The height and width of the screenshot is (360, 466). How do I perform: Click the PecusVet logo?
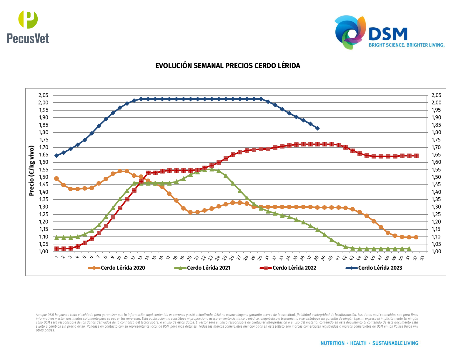(28, 27)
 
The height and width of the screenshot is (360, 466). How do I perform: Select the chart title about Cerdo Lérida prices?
(228, 66)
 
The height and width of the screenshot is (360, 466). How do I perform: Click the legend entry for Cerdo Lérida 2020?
(117, 268)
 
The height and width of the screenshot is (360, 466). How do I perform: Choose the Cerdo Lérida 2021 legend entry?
(203, 268)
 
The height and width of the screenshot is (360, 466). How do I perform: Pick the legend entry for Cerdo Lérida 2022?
(288, 268)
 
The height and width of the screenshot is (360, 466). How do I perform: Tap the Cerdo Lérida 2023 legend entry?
(374, 268)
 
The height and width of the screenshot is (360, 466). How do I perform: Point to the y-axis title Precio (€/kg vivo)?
(32, 171)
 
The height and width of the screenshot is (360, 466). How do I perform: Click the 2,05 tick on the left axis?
(43, 95)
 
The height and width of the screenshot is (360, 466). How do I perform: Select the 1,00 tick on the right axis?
(436, 251)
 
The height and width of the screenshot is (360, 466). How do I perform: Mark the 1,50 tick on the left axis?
(43, 177)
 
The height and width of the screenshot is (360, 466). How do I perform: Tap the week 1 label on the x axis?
(56, 258)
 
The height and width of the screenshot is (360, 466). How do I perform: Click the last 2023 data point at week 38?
(317, 128)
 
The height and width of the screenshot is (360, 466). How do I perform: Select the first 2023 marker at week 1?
(56, 156)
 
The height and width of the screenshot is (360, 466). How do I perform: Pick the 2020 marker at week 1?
(56, 179)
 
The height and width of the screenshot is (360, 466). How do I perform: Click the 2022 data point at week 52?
(416, 156)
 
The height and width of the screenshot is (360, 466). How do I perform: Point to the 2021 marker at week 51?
(409, 249)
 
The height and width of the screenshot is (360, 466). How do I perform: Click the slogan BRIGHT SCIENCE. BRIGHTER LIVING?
(407, 45)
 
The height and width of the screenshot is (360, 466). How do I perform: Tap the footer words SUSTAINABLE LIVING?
(395, 343)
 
